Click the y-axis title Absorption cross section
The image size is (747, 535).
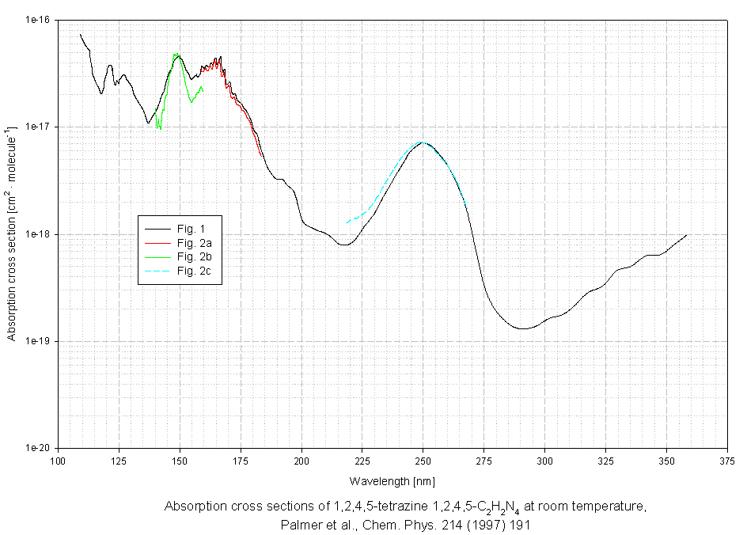point(12,233)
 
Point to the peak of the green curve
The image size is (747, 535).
point(176,55)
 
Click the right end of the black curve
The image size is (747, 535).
point(686,235)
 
